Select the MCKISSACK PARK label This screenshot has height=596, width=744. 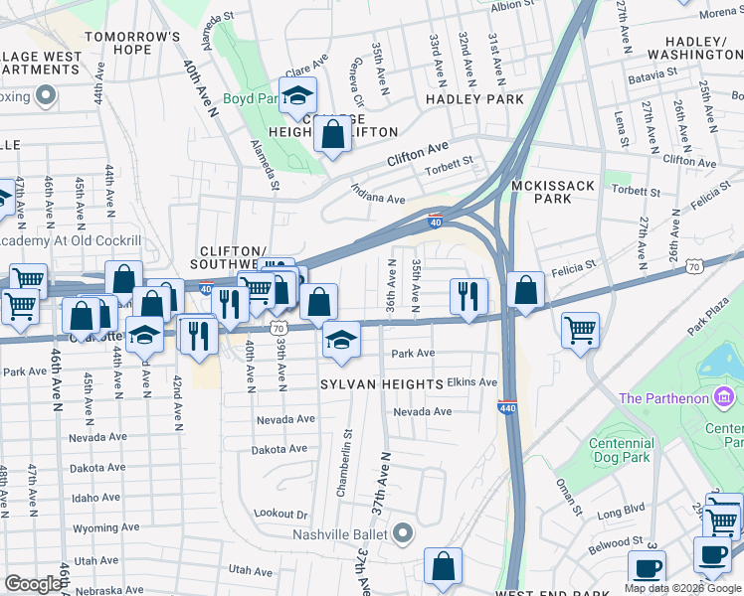point(541,192)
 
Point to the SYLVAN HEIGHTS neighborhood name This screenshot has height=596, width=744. point(381,383)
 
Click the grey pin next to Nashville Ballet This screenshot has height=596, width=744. point(403,534)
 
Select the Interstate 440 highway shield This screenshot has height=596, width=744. point(506,407)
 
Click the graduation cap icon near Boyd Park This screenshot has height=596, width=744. point(296,96)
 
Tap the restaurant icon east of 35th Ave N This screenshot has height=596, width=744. point(468,295)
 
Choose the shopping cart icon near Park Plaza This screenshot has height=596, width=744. point(580,329)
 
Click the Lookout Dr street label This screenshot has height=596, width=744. point(281,514)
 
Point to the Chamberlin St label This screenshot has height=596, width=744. point(348,450)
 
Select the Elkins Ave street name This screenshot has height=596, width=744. point(472,381)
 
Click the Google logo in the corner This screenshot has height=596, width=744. point(33,584)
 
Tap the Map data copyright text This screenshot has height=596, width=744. point(682,588)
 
